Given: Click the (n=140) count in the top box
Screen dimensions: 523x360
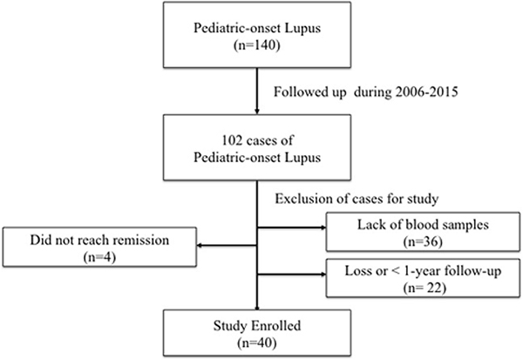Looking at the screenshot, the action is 257,45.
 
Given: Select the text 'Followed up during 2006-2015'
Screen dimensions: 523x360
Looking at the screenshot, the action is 366,92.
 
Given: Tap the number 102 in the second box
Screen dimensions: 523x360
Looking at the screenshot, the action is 232,140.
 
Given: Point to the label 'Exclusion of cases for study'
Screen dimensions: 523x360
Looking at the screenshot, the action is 357,199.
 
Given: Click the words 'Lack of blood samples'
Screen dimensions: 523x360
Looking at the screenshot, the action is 423,225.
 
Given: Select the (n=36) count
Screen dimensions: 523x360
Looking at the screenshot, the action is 423,242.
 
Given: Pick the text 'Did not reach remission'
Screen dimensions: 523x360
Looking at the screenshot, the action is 99,240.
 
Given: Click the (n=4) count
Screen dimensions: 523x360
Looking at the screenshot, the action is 99,257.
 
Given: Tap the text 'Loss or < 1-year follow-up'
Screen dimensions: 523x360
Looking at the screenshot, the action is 423,270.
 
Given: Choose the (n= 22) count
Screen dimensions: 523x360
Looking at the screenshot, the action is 425,288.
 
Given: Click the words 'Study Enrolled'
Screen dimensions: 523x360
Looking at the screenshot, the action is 257,325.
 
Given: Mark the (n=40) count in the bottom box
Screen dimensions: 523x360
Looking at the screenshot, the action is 257,343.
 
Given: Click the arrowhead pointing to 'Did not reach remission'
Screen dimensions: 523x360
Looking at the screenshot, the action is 199,246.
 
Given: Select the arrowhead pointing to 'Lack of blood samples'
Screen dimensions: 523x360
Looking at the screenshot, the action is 323,228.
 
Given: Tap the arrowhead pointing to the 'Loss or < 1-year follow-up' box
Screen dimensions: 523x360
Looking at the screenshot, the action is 323,275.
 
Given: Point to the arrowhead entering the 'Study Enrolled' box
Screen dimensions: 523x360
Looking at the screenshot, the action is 257,308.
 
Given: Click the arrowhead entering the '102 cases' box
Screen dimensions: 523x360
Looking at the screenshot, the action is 257,112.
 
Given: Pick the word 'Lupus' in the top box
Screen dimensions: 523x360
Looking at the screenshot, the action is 302,28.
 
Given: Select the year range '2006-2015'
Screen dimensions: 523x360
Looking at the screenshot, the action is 426,92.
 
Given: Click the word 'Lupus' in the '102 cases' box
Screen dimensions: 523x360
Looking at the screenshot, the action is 302,158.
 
